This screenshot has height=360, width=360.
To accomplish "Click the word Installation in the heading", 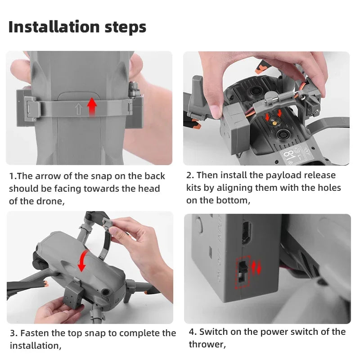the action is (x=54, y=27).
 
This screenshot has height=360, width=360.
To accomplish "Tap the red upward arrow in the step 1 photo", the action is (x=92, y=106).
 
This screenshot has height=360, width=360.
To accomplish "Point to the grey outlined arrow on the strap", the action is (x=78, y=109).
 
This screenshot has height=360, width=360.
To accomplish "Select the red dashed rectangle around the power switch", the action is (x=243, y=272).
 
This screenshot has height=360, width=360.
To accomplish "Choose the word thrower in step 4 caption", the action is (x=207, y=344).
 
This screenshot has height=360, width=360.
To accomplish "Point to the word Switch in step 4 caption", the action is (x=213, y=332).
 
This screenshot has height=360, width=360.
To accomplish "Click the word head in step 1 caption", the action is (x=149, y=189).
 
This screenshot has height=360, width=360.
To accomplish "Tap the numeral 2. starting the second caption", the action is (x=190, y=175).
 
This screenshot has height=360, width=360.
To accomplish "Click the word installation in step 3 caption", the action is (x=36, y=346).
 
